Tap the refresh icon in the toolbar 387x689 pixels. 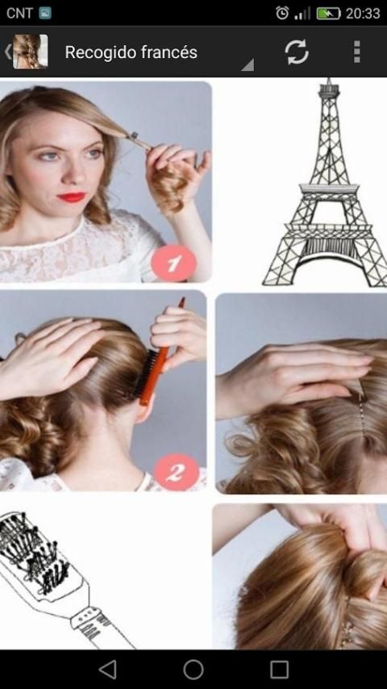[x=297, y=52]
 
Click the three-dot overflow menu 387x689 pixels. [x=357, y=52]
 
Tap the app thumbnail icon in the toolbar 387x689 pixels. [x=30, y=52]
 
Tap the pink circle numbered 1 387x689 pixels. [x=173, y=263]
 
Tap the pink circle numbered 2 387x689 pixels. [x=177, y=472]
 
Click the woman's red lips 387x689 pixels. [x=72, y=198]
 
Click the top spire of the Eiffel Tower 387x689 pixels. [x=328, y=83]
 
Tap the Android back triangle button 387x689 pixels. [x=107, y=669]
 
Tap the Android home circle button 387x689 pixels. [x=193, y=669]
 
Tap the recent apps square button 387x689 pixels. [x=280, y=669]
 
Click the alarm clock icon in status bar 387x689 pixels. [x=282, y=13]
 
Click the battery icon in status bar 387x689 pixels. [x=328, y=13]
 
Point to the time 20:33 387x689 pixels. [x=362, y=13]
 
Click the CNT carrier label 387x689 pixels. [x=19, y=13]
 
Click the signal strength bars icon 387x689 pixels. [x=302, y=13]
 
